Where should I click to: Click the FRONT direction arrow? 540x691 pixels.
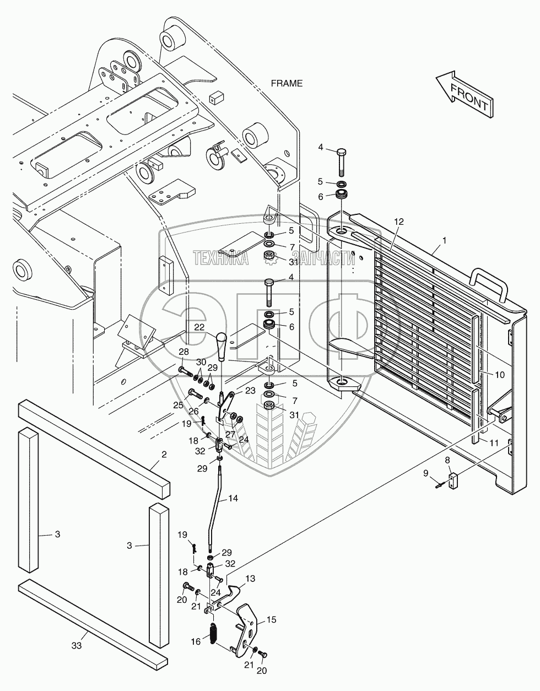pos(464,94)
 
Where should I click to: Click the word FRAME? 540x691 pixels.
pos(287,83)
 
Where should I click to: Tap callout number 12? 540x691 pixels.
pos(398,221)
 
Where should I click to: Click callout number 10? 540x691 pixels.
pos(499,374)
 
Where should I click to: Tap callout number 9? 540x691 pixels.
pos(425,472)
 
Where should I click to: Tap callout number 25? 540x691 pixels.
pos(178,405)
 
